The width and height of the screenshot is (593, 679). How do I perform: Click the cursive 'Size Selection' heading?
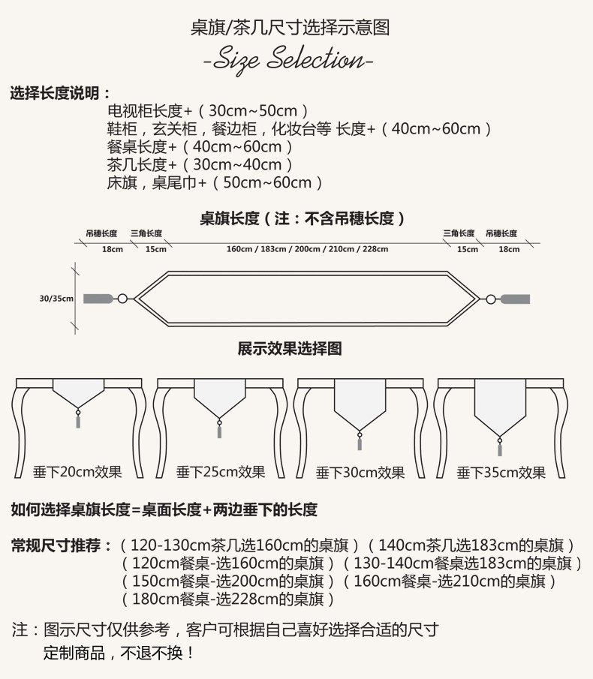(x=288, y=59)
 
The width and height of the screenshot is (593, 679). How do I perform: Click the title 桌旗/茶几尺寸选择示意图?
(x=289, y=28)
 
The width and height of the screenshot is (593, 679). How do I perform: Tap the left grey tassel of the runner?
(x=98, y=299)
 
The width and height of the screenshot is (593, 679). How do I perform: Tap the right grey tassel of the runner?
(x=515, y=299)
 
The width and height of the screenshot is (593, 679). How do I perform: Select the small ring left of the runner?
(x=123, y=299)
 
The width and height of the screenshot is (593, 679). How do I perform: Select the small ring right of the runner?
(x=490, y=299)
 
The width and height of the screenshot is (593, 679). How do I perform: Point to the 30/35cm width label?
(x=56, y=299)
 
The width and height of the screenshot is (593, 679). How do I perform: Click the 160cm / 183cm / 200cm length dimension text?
(x=307, y=249)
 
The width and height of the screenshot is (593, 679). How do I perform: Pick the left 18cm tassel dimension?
(x=113, y=249)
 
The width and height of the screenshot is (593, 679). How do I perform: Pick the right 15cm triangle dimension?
(x=467, y=249)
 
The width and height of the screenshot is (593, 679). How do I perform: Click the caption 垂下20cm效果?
(x=77, y=472)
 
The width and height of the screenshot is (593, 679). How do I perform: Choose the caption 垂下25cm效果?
(x=221, y=472)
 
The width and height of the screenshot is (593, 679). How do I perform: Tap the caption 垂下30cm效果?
(x=360, y=472)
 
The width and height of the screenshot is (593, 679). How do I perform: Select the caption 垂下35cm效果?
(x=501, y=472)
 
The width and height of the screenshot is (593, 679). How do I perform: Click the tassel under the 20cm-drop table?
(x=77, y=420)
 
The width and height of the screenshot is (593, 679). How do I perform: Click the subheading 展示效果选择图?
(x=290, y=349)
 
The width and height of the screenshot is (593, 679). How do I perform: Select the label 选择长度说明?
(x=60, y=94)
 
